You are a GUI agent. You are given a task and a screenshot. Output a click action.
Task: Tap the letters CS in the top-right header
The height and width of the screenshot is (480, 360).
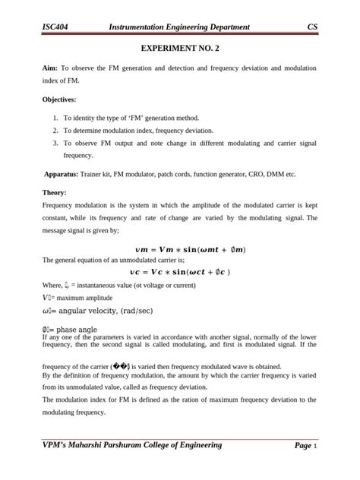pos(311,27)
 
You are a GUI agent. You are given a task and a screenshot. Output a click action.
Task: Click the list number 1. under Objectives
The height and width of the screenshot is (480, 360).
pos(56,118)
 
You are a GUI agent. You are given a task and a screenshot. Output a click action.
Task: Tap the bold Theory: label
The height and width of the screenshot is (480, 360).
pos(55,193)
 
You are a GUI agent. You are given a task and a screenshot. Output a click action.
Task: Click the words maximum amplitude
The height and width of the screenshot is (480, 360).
pos(87,297)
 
